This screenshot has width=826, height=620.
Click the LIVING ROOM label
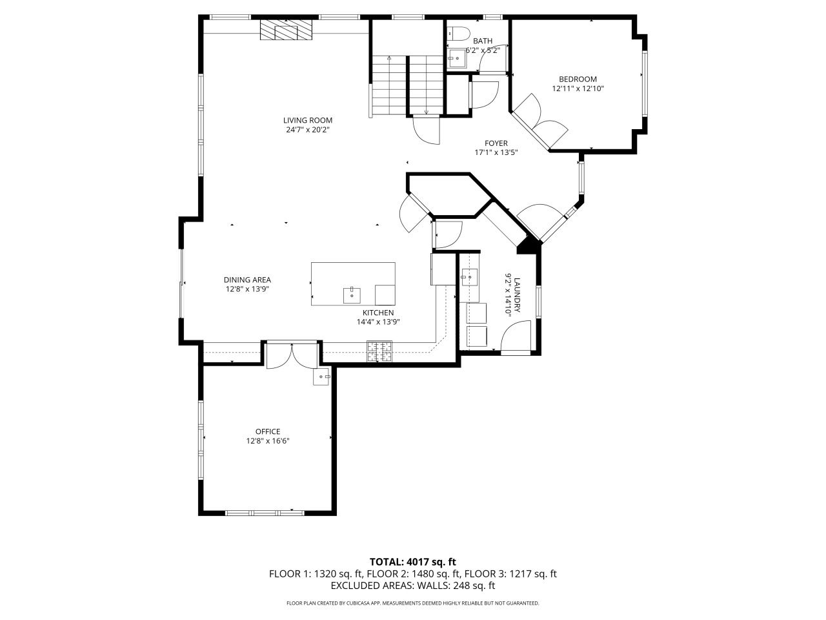308,120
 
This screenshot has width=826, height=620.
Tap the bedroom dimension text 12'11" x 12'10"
578,89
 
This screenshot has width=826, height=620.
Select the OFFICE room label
267,431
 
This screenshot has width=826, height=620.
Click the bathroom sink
458,57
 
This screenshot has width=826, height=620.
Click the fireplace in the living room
285,30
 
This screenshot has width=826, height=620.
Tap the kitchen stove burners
379,351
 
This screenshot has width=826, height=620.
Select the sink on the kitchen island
352,294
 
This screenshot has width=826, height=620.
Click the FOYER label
496,143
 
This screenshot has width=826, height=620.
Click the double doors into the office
292,355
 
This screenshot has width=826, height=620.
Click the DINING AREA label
247,280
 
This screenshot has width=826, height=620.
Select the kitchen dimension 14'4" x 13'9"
379,322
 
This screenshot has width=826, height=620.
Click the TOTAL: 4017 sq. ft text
412,561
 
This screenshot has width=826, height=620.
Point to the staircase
407,84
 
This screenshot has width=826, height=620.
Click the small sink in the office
322,376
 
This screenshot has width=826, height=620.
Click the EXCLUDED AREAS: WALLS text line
412,586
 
